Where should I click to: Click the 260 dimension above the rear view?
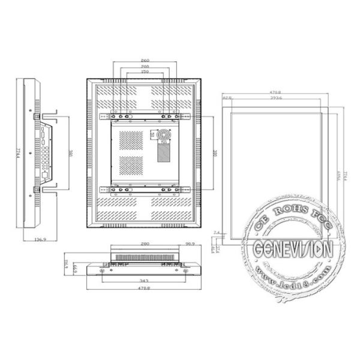pyautogui.click(x=145, y=61)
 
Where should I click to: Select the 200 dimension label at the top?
pyautogui.click(x=145, y=67)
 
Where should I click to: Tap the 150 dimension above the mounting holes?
pyautogui.click(x=145, y=72)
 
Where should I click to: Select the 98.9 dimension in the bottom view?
pyautogui.click(x=190, y=244)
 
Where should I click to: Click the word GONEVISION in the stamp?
pyautogui.click(x=293, y=248)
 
